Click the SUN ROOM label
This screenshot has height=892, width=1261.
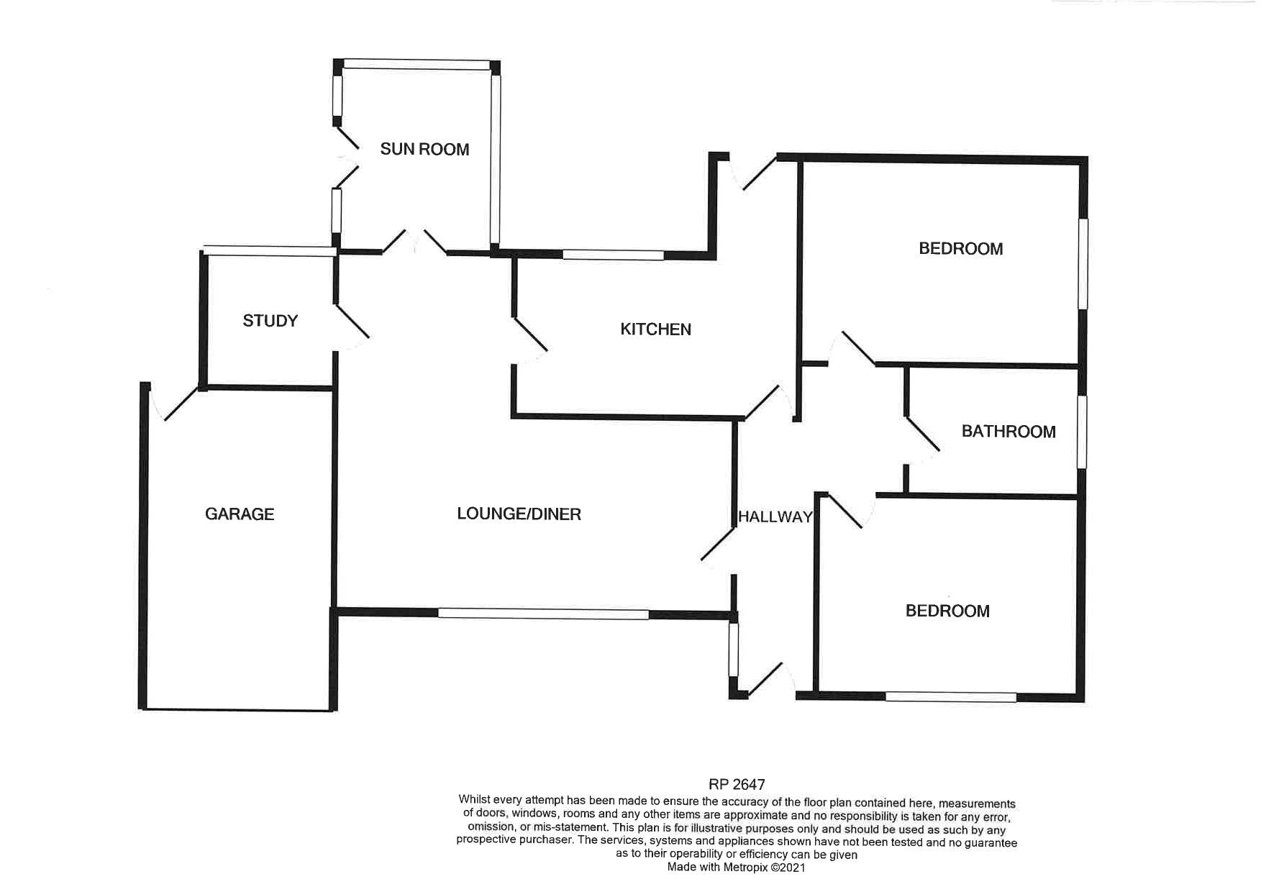(424, 149)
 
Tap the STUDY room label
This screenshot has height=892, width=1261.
(270, 321)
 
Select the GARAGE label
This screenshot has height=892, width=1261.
(240, 514)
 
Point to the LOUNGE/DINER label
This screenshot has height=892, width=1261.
(519, 514)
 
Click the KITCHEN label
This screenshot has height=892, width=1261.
(655, 329)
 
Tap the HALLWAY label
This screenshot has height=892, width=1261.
(775, 516)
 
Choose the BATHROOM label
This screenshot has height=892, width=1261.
(1009, 432)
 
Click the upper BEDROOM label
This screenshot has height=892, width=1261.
(961, 249)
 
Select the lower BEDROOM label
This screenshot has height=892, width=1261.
(947, 611)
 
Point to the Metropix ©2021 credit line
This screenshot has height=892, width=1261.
(737, 868)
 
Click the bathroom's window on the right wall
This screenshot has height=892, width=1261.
(1081, 432)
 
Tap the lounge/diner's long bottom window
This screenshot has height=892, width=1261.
(543, 614)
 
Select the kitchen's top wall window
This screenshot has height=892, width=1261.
(613, 255)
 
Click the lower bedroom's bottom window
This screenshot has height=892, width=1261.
(951, 696)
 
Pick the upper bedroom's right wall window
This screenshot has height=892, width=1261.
(1083, 264)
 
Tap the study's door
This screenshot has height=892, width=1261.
(352, 327)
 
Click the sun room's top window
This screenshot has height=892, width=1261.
(416, 64)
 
